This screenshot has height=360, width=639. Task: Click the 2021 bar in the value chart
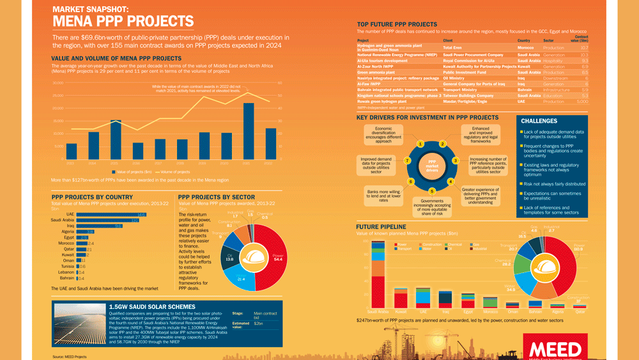point(249,130)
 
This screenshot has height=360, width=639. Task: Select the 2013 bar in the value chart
point(72,150)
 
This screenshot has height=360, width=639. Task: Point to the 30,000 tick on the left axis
point(58,83)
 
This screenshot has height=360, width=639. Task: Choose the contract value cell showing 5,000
point(582,101)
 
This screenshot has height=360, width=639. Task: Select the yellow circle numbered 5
point(432,191)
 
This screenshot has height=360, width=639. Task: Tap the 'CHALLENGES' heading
point(539,121)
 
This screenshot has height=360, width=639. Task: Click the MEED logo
point(554,349)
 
